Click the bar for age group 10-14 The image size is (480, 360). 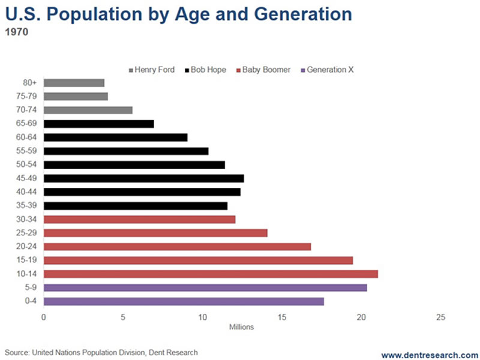point(210,274)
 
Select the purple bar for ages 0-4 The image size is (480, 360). point(183,301)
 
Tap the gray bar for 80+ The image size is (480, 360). point(73,83)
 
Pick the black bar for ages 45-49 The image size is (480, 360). point(143,178)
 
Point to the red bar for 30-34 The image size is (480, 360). point(139,220)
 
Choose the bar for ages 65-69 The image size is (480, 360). point(98,124)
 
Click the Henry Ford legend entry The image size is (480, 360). point(151,70)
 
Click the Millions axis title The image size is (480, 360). point(242,327)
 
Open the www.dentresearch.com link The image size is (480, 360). point(429,355)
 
